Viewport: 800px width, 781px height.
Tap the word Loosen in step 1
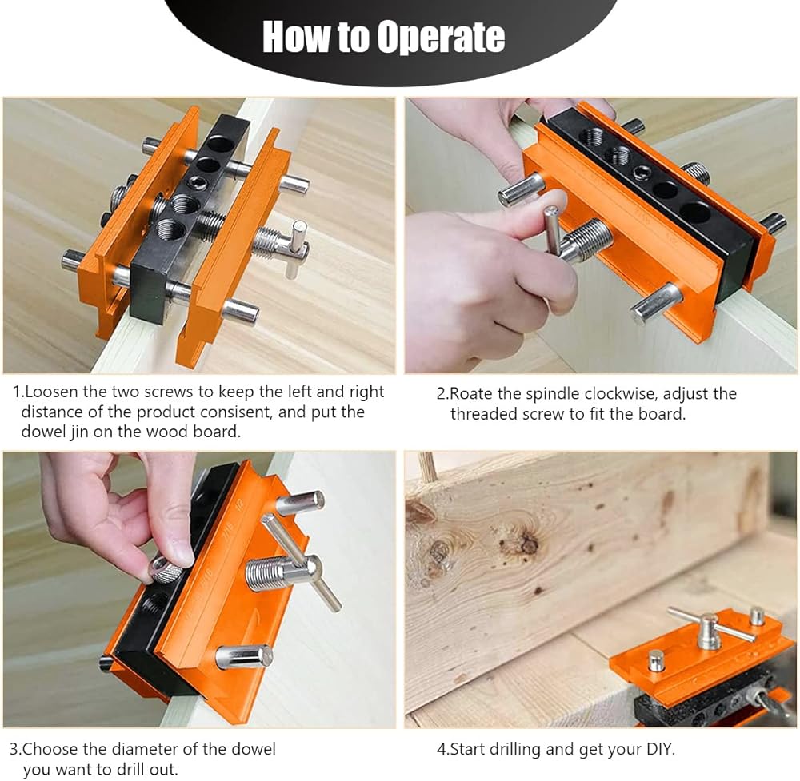pyautogui.click(x=51, y=392)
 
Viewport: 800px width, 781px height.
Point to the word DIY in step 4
pyautogui.click(x=660, y=749)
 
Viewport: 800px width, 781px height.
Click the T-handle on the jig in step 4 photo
pyautogui.click(x=710, y=627)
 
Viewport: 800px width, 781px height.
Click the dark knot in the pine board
pyautogui.click(x=528, y=544)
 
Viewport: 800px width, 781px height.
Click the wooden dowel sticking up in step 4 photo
pyautogui.click(x=427, y=467)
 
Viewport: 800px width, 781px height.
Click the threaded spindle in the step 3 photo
pyautogui.click(x=268, y=573)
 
